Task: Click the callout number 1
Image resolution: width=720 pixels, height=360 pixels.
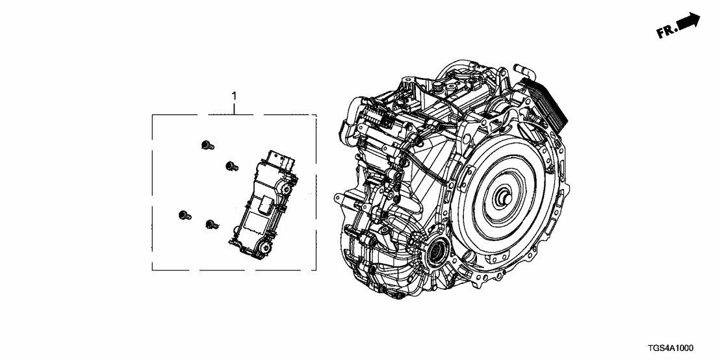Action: (x=234, y=96)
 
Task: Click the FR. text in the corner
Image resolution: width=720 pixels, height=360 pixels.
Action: (x=667, y=32)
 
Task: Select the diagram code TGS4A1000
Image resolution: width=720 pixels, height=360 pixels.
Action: (x=671, y=348)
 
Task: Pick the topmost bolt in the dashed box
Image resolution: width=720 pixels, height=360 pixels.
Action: (x=207, y=146)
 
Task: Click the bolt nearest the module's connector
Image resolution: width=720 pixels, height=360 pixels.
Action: (x=232, y=166)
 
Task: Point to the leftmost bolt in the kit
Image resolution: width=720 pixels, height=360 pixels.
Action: (x=184, y=215)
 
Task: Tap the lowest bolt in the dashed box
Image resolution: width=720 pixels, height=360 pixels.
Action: (x=212, y=224)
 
